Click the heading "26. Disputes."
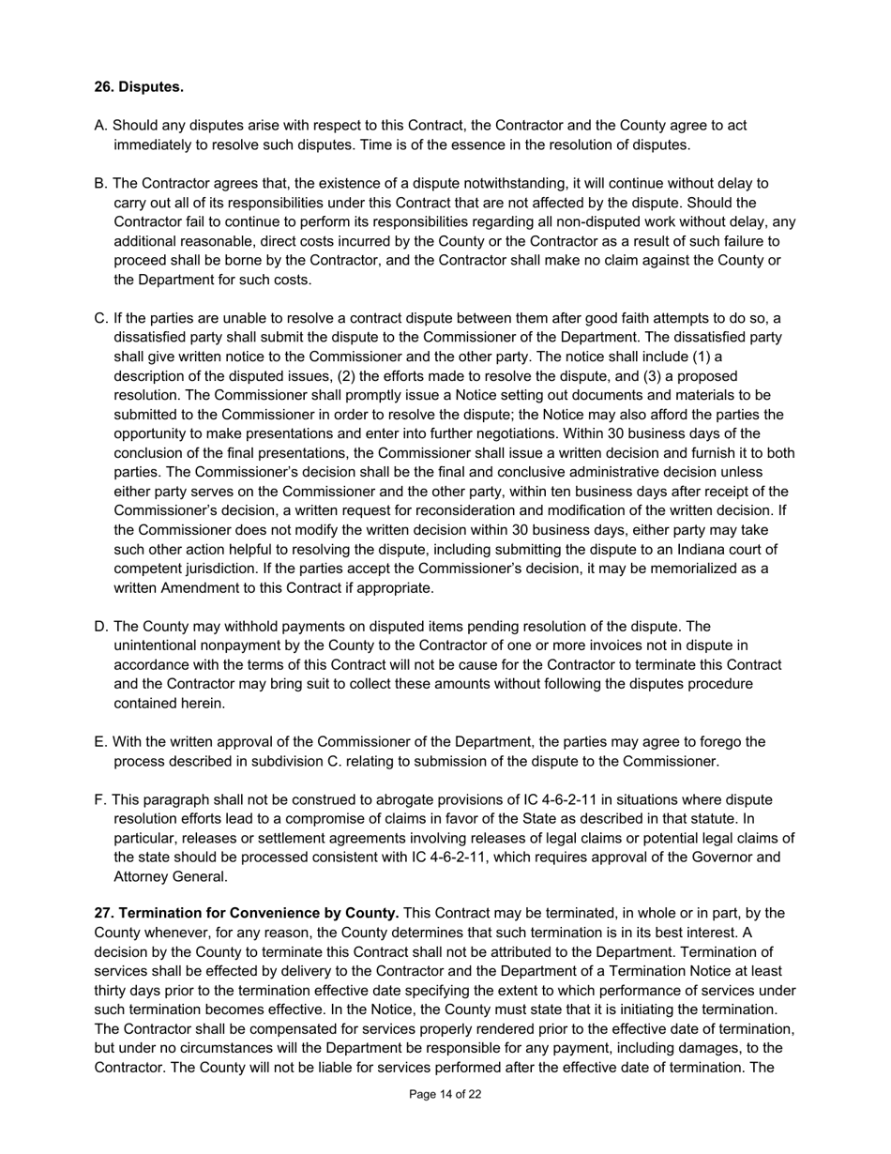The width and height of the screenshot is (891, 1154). (139, 87)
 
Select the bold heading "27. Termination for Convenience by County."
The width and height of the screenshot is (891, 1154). (247, 913)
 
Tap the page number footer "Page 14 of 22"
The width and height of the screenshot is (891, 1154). (445, 1094)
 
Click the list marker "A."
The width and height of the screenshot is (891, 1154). (101, 126)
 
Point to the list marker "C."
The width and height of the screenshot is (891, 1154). (101, 318)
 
